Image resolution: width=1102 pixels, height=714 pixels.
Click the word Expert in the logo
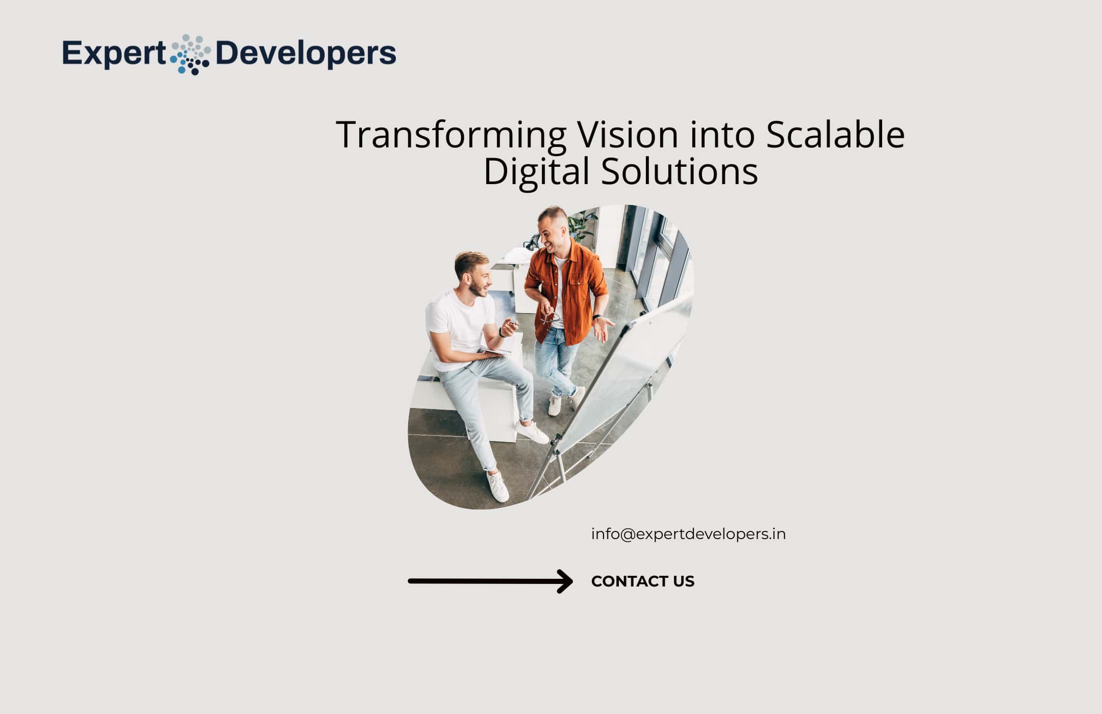pyautogui.click(x=114, y=54)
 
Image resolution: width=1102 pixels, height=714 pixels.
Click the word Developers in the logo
pyautogui.click(x=306, y=54)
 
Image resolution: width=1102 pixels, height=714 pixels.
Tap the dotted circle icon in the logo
pyautogui.click(x=190, y=55)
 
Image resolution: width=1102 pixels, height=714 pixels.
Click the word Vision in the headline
pyautogui.click(x=628, y=135)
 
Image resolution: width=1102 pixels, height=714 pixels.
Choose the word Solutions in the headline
pyautogui.click(x=679, y=171)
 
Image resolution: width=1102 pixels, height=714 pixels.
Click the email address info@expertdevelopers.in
pyautogui.click(x=688, y=534)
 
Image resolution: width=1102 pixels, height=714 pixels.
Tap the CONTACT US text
pyautogui.click(x=643, y=581)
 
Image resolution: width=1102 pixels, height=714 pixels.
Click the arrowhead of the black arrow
pyautogui.click(x=565, y=581)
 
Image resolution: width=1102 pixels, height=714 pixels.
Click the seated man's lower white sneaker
pyautogui.click(x=498, y=487)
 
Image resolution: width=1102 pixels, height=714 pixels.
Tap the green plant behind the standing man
pyautogui.click(x=582, y=224)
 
